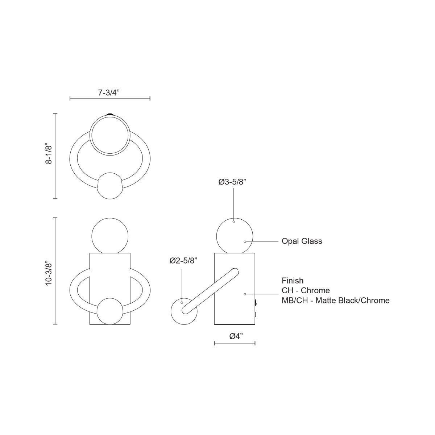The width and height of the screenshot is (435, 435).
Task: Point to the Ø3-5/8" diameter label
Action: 232,182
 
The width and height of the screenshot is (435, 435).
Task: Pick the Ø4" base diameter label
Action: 236,336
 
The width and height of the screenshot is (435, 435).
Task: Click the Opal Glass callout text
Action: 302,241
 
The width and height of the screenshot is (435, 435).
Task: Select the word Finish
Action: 293,281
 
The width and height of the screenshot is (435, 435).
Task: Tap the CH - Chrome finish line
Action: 306,290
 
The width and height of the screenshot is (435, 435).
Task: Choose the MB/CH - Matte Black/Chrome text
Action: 335,300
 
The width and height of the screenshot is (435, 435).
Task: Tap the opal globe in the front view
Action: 109,235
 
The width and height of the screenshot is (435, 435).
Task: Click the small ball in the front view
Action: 109,311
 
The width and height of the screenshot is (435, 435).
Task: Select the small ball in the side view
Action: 184,311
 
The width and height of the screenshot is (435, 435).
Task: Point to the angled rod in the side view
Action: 210,290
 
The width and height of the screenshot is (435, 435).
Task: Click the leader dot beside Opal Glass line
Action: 245,241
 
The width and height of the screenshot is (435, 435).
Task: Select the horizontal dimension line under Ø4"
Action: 235,343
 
